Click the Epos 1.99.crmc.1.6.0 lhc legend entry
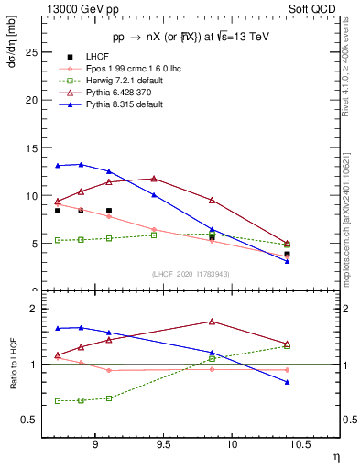(x=137, y=69)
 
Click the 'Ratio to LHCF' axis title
(x=13, y=363)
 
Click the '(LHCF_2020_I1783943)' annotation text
(x=191, y=273)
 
